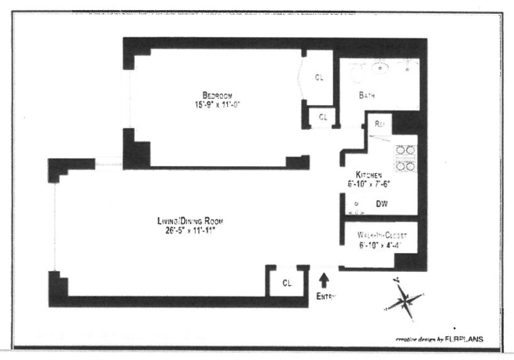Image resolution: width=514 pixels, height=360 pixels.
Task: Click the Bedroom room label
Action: click(218, 96)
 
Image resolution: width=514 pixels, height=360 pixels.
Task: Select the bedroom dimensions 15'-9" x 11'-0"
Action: click(218, 104)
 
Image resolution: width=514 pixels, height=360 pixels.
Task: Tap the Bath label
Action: click(367, 96)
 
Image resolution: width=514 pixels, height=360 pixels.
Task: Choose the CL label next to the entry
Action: click(286, 281)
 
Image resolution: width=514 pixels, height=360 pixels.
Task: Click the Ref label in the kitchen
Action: click(379, 124)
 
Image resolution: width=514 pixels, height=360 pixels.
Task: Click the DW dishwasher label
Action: click(381, 204)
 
